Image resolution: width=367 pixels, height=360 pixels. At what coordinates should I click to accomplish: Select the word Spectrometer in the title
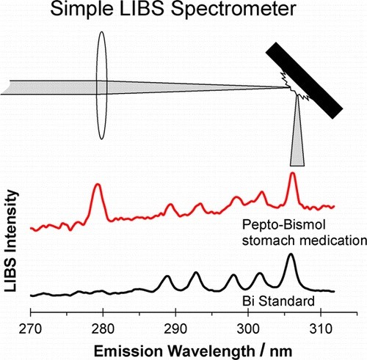point(233,10)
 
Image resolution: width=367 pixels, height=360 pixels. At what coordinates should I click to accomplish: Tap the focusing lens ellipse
point(101,86)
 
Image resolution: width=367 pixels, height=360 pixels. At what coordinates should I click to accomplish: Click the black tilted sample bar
point(304,81)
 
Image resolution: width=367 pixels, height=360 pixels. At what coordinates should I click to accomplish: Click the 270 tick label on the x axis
point(30,328)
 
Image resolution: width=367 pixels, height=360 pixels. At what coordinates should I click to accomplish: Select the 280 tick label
point(103,328)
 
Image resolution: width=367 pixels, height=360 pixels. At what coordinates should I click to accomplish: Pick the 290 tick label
point(175,328)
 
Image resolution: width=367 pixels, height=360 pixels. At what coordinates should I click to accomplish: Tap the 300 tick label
point(248,328)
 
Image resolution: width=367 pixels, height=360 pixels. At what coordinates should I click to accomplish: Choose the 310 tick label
point(321,328)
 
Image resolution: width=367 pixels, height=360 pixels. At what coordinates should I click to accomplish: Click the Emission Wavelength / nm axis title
point(193,351)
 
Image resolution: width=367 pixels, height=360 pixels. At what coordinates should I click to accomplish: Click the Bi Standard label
point(278,301)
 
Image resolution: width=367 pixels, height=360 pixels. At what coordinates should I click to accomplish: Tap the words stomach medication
point(305,240)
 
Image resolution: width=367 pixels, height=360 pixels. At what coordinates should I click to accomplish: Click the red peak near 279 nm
point(98,185)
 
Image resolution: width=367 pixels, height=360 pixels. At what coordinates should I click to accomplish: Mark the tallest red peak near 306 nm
point(292,173)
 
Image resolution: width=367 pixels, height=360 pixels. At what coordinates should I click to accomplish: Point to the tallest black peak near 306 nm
point(291,254)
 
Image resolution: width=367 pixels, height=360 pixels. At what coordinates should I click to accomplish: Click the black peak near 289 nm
point(167,276)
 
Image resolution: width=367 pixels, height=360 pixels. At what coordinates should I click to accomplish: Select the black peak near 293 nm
point(196,272)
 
